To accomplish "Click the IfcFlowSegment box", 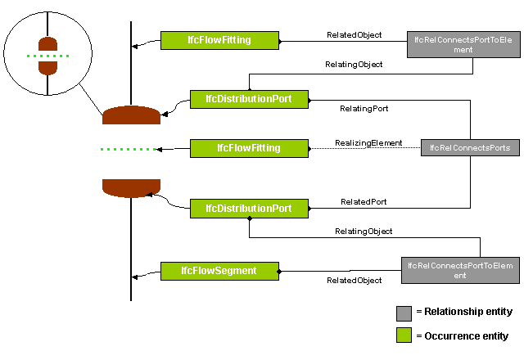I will tap(219, 270).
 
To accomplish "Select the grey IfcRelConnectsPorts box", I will tap(470, 148).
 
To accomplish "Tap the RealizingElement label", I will tap(368, 143).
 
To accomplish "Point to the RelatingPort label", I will tap(364, 107).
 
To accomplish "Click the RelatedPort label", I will tap(364, 201).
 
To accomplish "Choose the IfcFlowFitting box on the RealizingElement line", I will tap(249, 148).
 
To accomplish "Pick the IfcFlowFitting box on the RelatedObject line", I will tap(219, 38).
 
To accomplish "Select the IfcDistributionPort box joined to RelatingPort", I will tap(249, 99).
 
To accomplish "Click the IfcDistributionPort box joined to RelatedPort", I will tap(249, 208).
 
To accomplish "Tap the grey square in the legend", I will tap(404, 312).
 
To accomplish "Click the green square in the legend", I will tap(404, 335).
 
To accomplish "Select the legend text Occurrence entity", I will tap(465, 335).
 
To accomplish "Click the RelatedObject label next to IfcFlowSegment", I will tap(354, 281).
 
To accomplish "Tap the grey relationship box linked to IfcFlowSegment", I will tap(460, 269).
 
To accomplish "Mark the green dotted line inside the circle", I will tap(47, 56).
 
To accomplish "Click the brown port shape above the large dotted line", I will tap(131, 115).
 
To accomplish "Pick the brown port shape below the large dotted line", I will tap(131, 187).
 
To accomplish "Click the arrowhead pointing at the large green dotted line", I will tap(160, 149).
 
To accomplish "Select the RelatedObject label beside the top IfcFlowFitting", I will tap(354, 35).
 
